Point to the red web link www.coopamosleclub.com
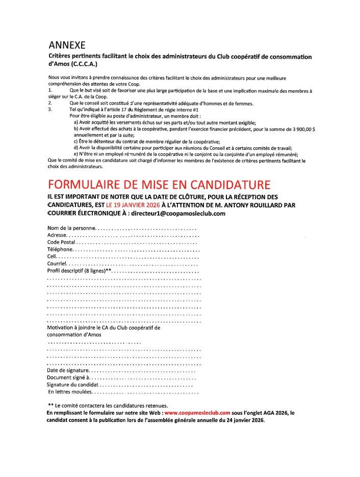pyautogui.click(x=197, y=412)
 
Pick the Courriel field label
pyautogui.click(x=57, y=264)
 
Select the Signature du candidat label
pyautogui.click(x=72, y=385)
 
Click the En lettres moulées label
pyautogui.click(x=70, y=392)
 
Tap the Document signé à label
pyautogui.click(x=67, y=378)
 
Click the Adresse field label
pyautogui.click(x=57, y=235)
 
